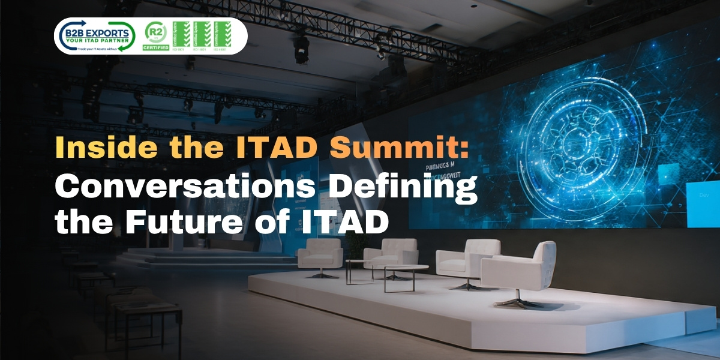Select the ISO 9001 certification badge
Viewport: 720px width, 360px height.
181,35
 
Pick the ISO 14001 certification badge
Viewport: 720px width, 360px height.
202,35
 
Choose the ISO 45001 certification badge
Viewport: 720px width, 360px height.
223,35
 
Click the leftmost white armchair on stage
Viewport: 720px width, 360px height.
320,254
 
